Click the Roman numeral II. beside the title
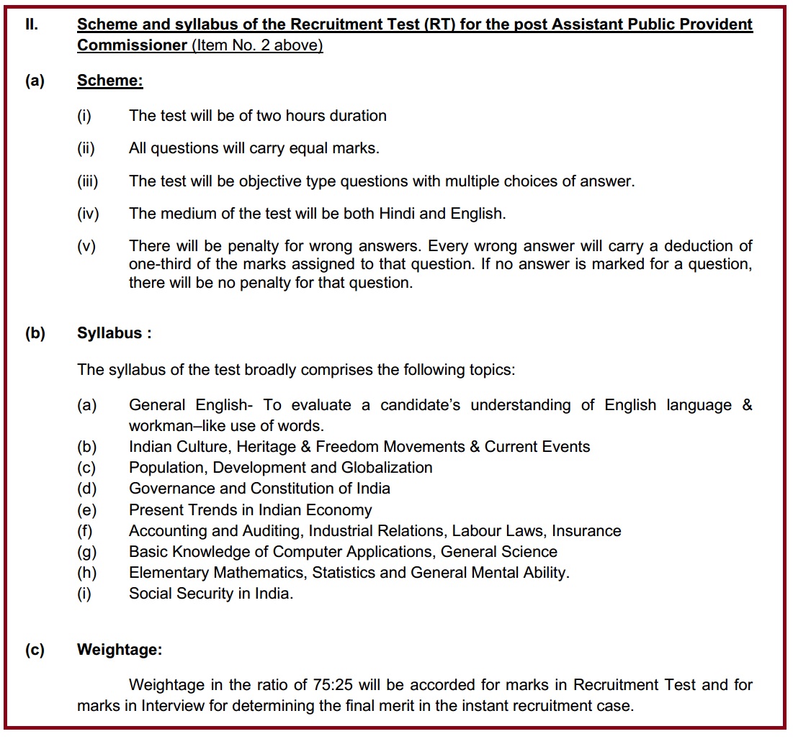(x=32, y=24)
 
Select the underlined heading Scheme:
(x=109, y=81)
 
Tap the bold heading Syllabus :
(x=114, y=334)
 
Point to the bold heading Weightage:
(x=120, y=650)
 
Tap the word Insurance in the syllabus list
(x=588, y=531)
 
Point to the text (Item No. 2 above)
(x=257, y=45)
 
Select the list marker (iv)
(x=88, y=214)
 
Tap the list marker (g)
(x=86, y=552)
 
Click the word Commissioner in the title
(x=131, y=45)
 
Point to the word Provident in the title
(x=710, y=24)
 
